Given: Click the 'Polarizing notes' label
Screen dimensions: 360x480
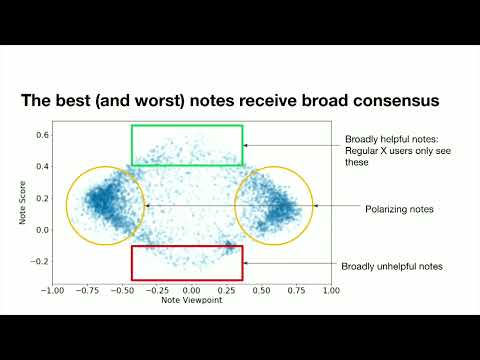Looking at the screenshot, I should pos(401,208).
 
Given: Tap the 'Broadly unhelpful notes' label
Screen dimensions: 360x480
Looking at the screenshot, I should pos(392,267).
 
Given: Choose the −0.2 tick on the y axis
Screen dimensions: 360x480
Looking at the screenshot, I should pos(40,262).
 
